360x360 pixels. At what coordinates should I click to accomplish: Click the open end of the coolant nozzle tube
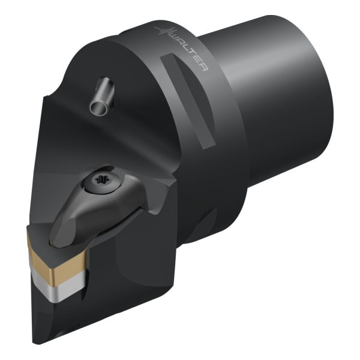coord(99,107)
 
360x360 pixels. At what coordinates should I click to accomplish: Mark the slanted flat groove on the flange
coord(188,101)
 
